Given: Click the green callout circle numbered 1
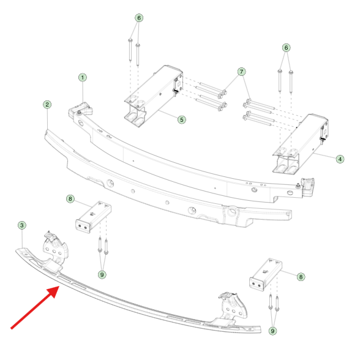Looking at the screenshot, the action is [x=83, y=77].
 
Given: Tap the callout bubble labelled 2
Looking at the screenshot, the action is [x=47, y=105].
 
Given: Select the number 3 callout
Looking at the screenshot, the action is [x=22, y=225].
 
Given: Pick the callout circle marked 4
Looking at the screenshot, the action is [x=340, y=159].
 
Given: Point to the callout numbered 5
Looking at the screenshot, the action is [x=182, y=119].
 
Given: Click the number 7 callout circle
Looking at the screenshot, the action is [x=241, y=72].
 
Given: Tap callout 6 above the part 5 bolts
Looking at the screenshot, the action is [x=139, y=18].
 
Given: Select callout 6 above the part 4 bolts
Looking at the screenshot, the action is [x=286, y=48].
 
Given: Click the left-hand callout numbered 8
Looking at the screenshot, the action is [x=70, y=198].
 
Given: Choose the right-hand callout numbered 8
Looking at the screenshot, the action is [x=301, y=277].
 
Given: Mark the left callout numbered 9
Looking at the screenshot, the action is [x=102, y=274].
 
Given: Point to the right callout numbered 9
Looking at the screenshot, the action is [x=272, y=331].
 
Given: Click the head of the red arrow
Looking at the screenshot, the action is [x=55, y=290].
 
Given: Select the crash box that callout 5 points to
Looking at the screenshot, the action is [x=153, y=96].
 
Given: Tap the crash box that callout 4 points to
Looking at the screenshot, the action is [x=300, y=144].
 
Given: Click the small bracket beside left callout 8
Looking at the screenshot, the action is [x=94, y=217].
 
